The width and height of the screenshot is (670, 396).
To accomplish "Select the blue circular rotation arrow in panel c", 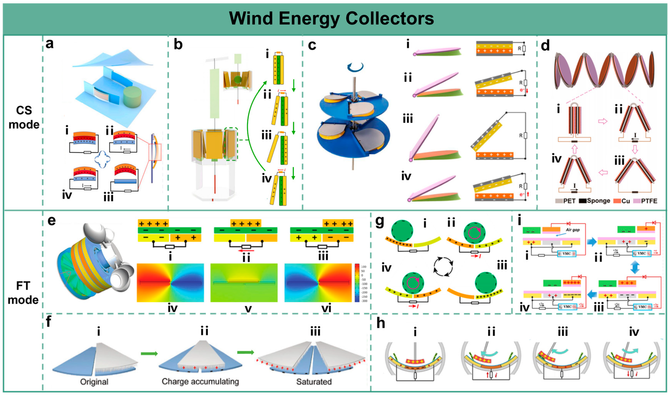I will tap(355, 67).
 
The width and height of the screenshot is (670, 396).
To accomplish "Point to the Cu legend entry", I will tap(622, 201).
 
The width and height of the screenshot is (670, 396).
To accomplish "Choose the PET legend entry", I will tap(566, 201).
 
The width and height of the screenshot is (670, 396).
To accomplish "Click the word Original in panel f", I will tap(94, 382).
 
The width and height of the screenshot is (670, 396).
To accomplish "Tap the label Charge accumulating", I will tap(200, 382).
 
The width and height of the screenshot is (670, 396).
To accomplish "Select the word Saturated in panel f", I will tap(314, 382).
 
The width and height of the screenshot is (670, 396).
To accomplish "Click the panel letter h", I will tap(381, 323).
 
